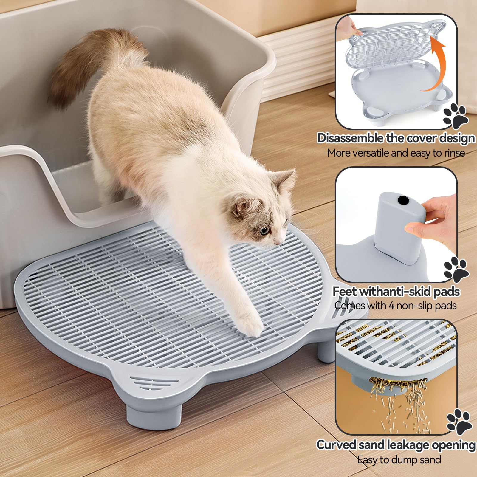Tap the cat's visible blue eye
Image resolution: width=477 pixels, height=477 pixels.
pos(264,230)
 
